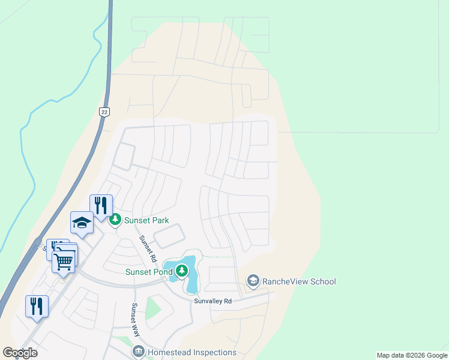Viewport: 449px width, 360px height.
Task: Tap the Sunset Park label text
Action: coord(146,220)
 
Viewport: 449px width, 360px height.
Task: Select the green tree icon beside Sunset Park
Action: coord(115,220)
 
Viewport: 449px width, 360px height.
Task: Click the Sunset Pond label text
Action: coord(149,272)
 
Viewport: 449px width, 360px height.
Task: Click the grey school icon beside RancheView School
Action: coord(253,281)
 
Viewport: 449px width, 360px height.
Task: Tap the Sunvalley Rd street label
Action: coord(212,301)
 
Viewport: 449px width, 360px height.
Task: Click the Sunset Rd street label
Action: coord(148,249)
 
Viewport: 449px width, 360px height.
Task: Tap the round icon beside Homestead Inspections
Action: coord(139,352)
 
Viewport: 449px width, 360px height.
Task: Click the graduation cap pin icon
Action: coord(82,223)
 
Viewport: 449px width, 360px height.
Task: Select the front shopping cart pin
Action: coord(64,260)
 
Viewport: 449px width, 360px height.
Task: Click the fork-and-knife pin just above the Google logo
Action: coord(37,306)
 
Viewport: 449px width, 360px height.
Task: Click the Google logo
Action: coord(20,353)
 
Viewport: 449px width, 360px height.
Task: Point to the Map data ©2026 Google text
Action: coord(412,355)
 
